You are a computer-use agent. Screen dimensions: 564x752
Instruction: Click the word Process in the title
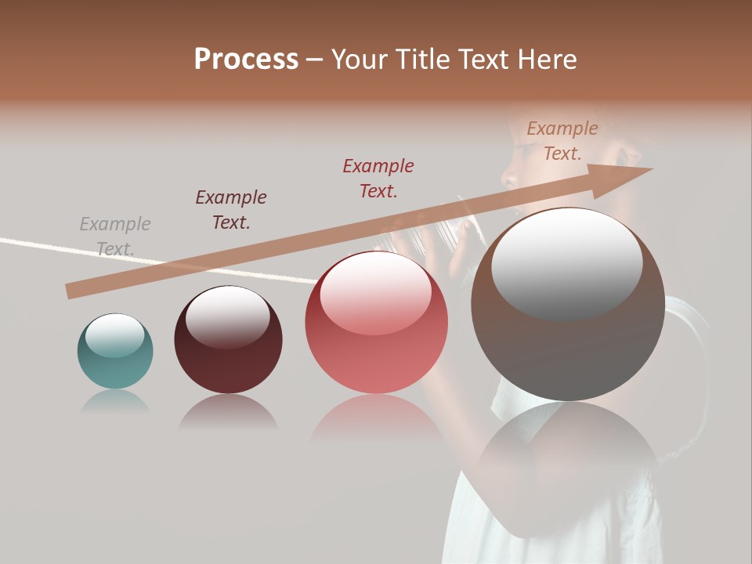tap(246, 60)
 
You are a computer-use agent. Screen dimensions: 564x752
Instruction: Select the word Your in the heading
tap(360, 60)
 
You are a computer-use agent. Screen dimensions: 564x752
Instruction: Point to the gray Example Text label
tap(115, 237)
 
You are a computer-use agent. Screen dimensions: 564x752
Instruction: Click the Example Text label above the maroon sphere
tap(231, 210)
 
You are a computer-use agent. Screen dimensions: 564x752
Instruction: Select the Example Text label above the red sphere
tap(378, 178)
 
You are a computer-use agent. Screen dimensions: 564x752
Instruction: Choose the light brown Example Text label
tap(562, 141)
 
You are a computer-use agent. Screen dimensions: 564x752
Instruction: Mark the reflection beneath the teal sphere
tap(115, 402)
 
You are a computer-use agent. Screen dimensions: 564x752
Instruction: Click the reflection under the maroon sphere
tap(228, 411)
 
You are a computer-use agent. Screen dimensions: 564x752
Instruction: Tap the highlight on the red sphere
tap(376, 295)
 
